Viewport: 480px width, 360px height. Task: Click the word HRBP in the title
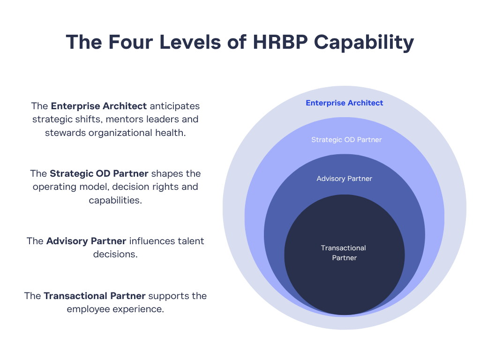tap(280, 42)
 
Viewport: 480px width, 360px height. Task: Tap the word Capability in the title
tap(364, 43)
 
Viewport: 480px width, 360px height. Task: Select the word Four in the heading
tap(130, 42)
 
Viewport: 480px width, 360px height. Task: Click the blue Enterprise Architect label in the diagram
tap(345, 103)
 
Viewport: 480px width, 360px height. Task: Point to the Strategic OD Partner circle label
tap(346, 140)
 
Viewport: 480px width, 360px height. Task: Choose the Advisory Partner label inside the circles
tap(345, 179)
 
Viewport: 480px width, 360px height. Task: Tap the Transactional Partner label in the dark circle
tap(344, 253)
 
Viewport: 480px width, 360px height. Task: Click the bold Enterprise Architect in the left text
tap(98, 106)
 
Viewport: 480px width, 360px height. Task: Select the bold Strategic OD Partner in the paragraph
tap(99, 173)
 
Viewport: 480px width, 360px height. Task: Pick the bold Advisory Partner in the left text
tap(86, 241)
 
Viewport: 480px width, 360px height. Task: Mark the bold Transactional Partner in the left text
tap(94, 296)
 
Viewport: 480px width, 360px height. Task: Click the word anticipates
tap(174, 106)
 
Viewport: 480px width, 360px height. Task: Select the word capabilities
tap(115, 200)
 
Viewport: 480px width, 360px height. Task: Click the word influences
tap(152, 241)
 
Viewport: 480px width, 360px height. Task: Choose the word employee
tap(88, 309)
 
